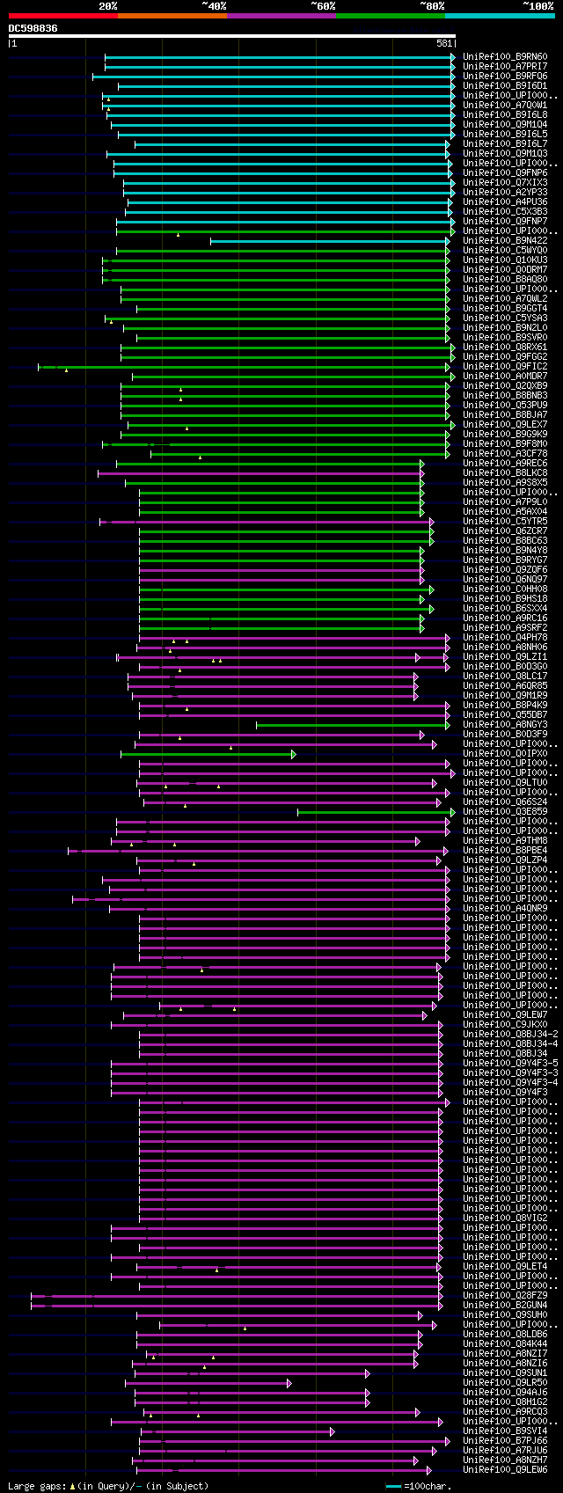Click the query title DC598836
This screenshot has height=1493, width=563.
coord(33,28)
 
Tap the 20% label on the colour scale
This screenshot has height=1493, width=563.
coord(108,6)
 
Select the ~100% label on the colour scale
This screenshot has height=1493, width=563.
coord(537,6)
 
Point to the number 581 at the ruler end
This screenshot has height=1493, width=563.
coord(444,43)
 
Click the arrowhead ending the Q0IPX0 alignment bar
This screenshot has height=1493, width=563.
coord(293,754)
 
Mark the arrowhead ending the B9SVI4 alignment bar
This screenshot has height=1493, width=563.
coord(332,1431)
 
